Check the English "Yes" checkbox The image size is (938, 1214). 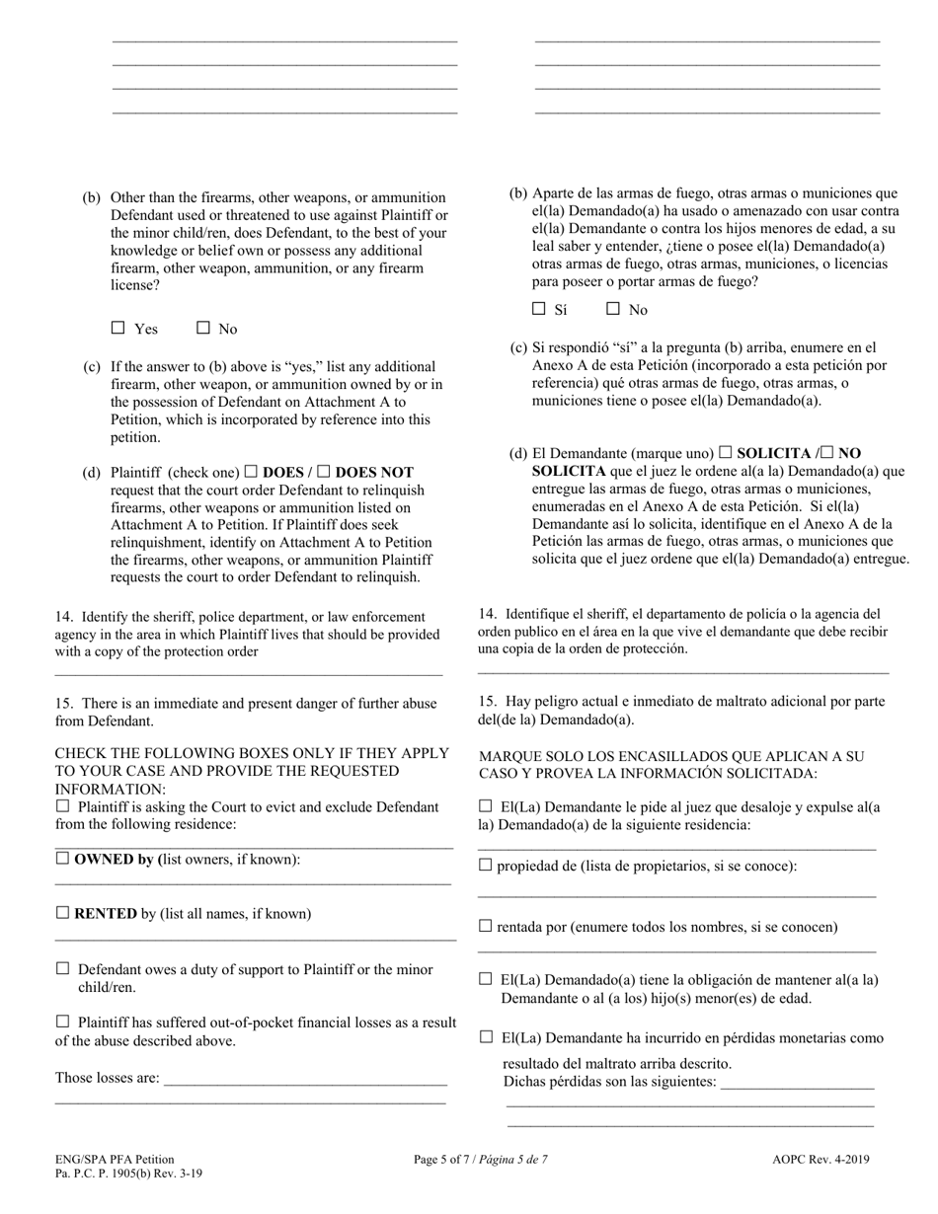(x=118, y=328)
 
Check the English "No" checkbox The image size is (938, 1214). (x=203, y=328)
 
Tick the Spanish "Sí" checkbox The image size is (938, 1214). (x=539, y=308)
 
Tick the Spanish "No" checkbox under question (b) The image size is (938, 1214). (x=613, y=308)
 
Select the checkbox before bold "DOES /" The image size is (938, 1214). (x=251, y=472)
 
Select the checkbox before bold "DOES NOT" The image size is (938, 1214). (x=323, y=472)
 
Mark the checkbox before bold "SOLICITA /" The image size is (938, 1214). (x=726, y=452)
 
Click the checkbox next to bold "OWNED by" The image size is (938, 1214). (x=62, y=858)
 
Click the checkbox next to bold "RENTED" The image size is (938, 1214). (x=62, y=913)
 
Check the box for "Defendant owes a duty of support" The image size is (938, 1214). (x=63, y=968)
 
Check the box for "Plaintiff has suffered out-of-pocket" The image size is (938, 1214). (x=63, y=1022)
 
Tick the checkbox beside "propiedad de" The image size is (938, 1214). (x=485, y=865)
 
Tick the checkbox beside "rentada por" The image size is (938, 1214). (x=485, y=926)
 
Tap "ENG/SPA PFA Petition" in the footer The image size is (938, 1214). (x=115, y=1160)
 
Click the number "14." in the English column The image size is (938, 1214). (x=64, y=617)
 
